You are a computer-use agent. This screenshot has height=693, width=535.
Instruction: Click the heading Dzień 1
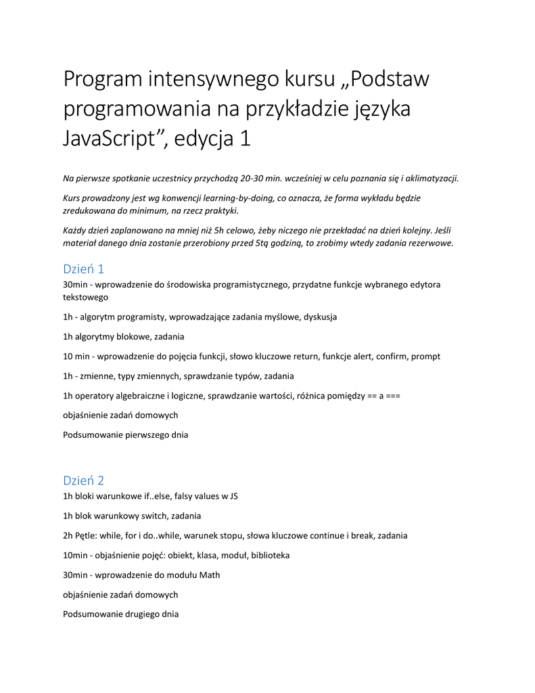tap(83, 269)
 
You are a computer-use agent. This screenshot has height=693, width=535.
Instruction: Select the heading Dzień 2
tap(83, 480)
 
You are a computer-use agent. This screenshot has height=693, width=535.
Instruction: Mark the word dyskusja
tap(320, 317)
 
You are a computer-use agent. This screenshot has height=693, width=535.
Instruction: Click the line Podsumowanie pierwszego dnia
tap(126, 434)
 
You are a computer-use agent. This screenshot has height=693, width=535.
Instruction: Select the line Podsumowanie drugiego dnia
tap(120, 614)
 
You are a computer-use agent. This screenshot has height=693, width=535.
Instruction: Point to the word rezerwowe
tap(430, 243)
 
